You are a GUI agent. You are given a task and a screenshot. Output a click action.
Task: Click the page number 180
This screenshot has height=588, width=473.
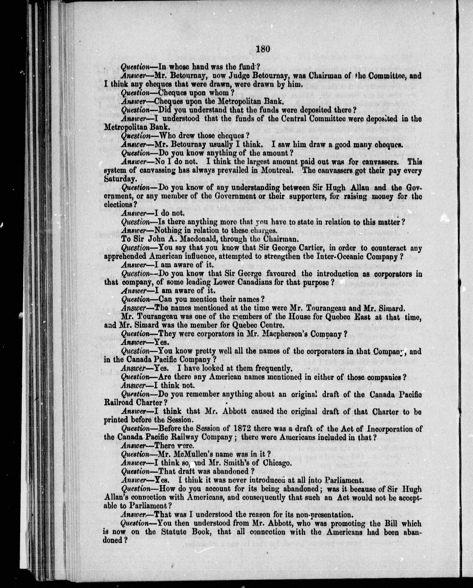(263, 49)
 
